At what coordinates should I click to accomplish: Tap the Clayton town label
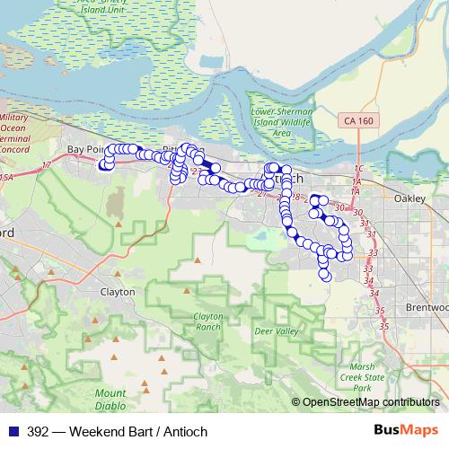118,292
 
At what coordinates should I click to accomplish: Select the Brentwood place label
429,306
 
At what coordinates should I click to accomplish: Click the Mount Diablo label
110,400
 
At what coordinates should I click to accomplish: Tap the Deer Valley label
276,331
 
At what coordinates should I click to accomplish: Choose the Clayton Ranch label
207,321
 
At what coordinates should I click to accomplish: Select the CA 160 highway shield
358,119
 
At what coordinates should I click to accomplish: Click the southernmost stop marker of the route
326,276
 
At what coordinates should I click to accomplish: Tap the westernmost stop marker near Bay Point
104,164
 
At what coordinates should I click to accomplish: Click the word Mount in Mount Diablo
110,394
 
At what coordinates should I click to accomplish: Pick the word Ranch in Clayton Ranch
207,327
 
